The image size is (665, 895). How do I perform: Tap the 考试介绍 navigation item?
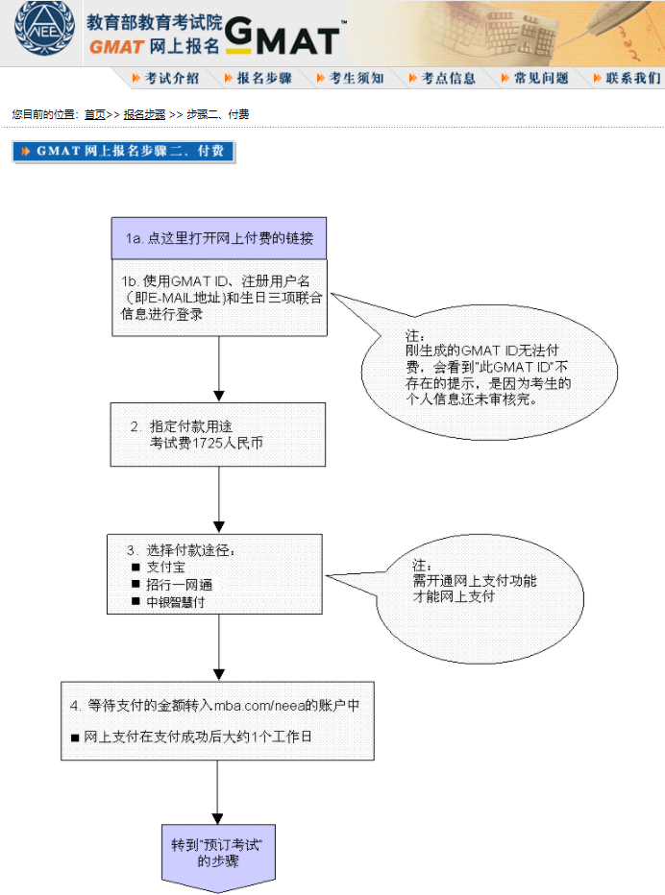(x=164, y=79)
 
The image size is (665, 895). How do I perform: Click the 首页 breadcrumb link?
(x=94, y=114)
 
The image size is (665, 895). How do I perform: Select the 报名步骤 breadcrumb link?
(x=144, y=114)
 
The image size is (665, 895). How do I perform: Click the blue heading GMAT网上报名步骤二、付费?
(x=123, y=152)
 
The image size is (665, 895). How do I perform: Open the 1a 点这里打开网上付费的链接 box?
(x=219, y=238)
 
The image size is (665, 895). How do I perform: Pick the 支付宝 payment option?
(x=165, y=568)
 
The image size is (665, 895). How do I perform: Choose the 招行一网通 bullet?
(x=178, y=585)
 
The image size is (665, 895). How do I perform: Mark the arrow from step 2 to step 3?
(x=219, y=499)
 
